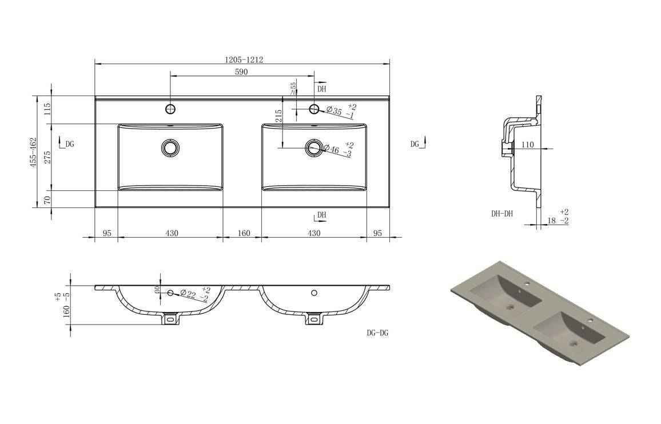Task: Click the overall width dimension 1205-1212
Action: (x=244, y=59)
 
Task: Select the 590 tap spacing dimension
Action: (x=241, y=72)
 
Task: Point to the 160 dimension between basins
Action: (x=244, y=233)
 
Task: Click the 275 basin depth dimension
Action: (x=47, y=157)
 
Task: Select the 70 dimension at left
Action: (x=47, y=199)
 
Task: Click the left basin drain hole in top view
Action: (x=170, y=147)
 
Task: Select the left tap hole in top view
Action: (x=170, y=109)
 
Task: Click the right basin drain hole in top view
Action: (x=313, y=147)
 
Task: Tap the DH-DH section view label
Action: (x=501, y=214)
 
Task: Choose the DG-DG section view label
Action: (x=377, y=333)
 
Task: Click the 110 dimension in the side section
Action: (x=527, y=145)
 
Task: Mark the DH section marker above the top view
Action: (x=321, y=89)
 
